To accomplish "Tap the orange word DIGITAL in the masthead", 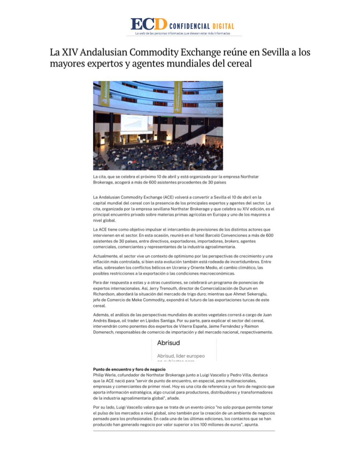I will click(223, 26).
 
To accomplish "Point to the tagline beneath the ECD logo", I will click(182, 33).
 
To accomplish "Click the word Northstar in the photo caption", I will click(250, 177).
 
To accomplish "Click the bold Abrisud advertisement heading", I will click(168, 343).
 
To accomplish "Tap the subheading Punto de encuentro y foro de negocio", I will click(130, 369).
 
